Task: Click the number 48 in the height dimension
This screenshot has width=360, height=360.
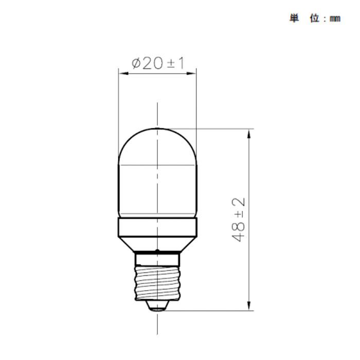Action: (x=238, y=232)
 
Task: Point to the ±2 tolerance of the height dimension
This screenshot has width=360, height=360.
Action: (x=238, y=207)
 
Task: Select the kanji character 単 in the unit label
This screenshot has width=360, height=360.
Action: (x=294, y=18)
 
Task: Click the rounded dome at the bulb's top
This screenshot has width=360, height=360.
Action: (x=157, y=144)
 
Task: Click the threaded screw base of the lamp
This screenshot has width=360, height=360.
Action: (x=157, y=280)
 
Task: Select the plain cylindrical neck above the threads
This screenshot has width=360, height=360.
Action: (x=157, y=257)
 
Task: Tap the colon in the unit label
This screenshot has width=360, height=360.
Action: (x=325, y=19)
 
